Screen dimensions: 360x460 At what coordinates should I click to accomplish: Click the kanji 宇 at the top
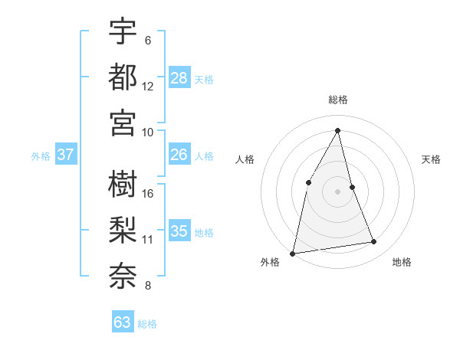123,32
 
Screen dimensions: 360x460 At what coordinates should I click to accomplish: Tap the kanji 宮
123,122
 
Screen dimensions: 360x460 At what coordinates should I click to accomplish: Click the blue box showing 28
179,77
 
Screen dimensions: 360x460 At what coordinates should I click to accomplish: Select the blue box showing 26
179,155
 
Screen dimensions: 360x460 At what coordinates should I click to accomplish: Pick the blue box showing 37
66,155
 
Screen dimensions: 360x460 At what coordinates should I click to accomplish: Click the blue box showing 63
123,322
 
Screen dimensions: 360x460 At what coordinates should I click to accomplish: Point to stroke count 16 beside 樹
148,193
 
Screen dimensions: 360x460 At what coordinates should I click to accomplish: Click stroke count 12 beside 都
148,86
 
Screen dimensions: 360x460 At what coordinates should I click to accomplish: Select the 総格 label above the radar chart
338,100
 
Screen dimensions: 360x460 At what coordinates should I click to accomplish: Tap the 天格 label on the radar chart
432,159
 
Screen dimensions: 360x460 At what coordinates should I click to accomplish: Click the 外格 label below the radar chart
270,262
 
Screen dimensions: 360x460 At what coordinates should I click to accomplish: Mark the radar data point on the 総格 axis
338,129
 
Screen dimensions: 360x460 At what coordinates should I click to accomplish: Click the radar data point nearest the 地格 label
374,242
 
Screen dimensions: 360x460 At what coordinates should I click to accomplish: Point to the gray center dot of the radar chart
338,191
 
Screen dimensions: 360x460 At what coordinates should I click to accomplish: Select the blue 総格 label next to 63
147,324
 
